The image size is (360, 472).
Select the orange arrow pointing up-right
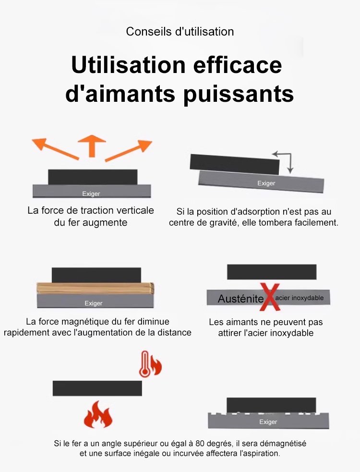(x=129, y=150)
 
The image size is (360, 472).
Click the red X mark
(x=270, y=297)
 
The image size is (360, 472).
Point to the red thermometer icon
(x=145, y=364)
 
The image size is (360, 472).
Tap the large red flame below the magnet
(x=98, y=414)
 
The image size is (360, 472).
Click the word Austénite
(x=240, y=299)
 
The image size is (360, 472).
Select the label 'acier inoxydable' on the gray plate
(x=300, y=298)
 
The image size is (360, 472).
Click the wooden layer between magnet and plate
(x=95, y=289)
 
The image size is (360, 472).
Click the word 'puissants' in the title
(x=239, y=95)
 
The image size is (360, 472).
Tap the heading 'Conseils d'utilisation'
(x=180, y=32)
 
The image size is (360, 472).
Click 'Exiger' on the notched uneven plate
(x=268, y=422)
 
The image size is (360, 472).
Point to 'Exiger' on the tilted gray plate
(x=266, y=183)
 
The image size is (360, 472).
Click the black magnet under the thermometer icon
(x=97, y=388)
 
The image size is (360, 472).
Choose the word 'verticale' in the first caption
(x=135, y=210)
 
